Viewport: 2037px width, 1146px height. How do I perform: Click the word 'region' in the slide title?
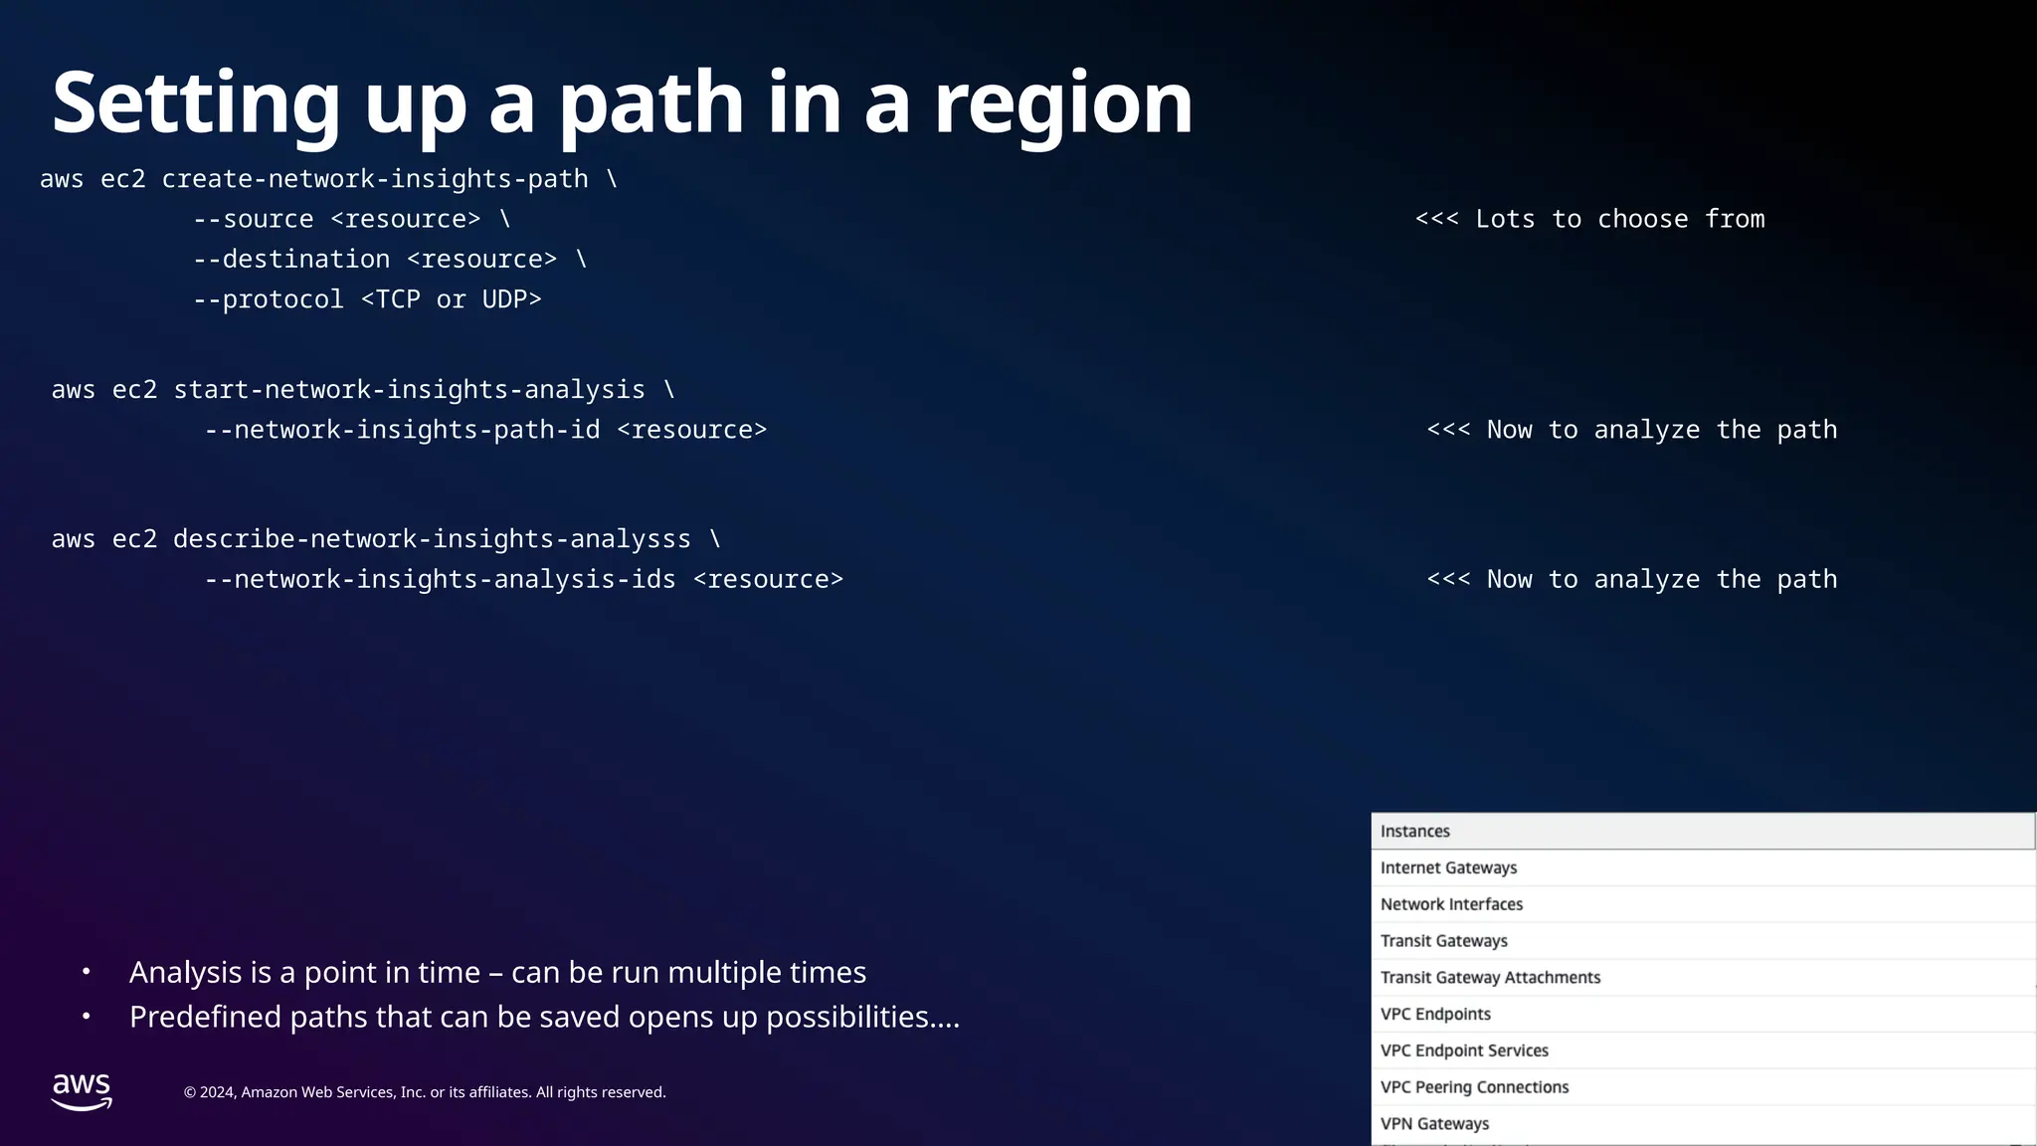click(x=1062, y=104)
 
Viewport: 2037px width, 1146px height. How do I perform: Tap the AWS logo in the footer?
click(x=82, y=1091)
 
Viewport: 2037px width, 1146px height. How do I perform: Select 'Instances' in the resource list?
click(x=1414, y=832)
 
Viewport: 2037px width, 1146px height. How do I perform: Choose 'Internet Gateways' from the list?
click(x=1448, y=867)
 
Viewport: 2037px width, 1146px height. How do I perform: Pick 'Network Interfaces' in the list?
click(x=1451, y=904)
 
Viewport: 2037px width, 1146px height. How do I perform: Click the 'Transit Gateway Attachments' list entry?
click(x=1490, y=978)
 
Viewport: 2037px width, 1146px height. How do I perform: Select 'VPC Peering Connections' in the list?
click(x=1474, y=1087)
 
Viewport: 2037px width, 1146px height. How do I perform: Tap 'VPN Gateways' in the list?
click(x=1434, y=1124)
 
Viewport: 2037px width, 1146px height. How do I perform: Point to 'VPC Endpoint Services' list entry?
click(x=1464, y=1050)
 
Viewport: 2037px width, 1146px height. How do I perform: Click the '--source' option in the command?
click(x=253, y=219)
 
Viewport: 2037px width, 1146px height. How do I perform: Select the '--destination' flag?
click(x=290, y=260)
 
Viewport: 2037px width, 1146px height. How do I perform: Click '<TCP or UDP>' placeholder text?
click(x=451, y=299)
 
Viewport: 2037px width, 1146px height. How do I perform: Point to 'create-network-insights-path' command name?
click(x=375, y=179)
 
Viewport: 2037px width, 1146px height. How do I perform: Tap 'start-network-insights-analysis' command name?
click(x=409, y=390)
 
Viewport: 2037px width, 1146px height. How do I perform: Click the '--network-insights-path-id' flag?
click(x=402, y=430)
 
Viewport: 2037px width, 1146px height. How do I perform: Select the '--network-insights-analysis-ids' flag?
click(x=440, y=579)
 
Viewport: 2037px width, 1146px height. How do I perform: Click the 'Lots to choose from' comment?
click(x=1619, y=219)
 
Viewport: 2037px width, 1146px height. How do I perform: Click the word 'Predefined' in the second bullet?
click(x=205, y=1017)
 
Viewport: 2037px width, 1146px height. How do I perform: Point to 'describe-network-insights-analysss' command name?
click(x=432, y=539)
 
